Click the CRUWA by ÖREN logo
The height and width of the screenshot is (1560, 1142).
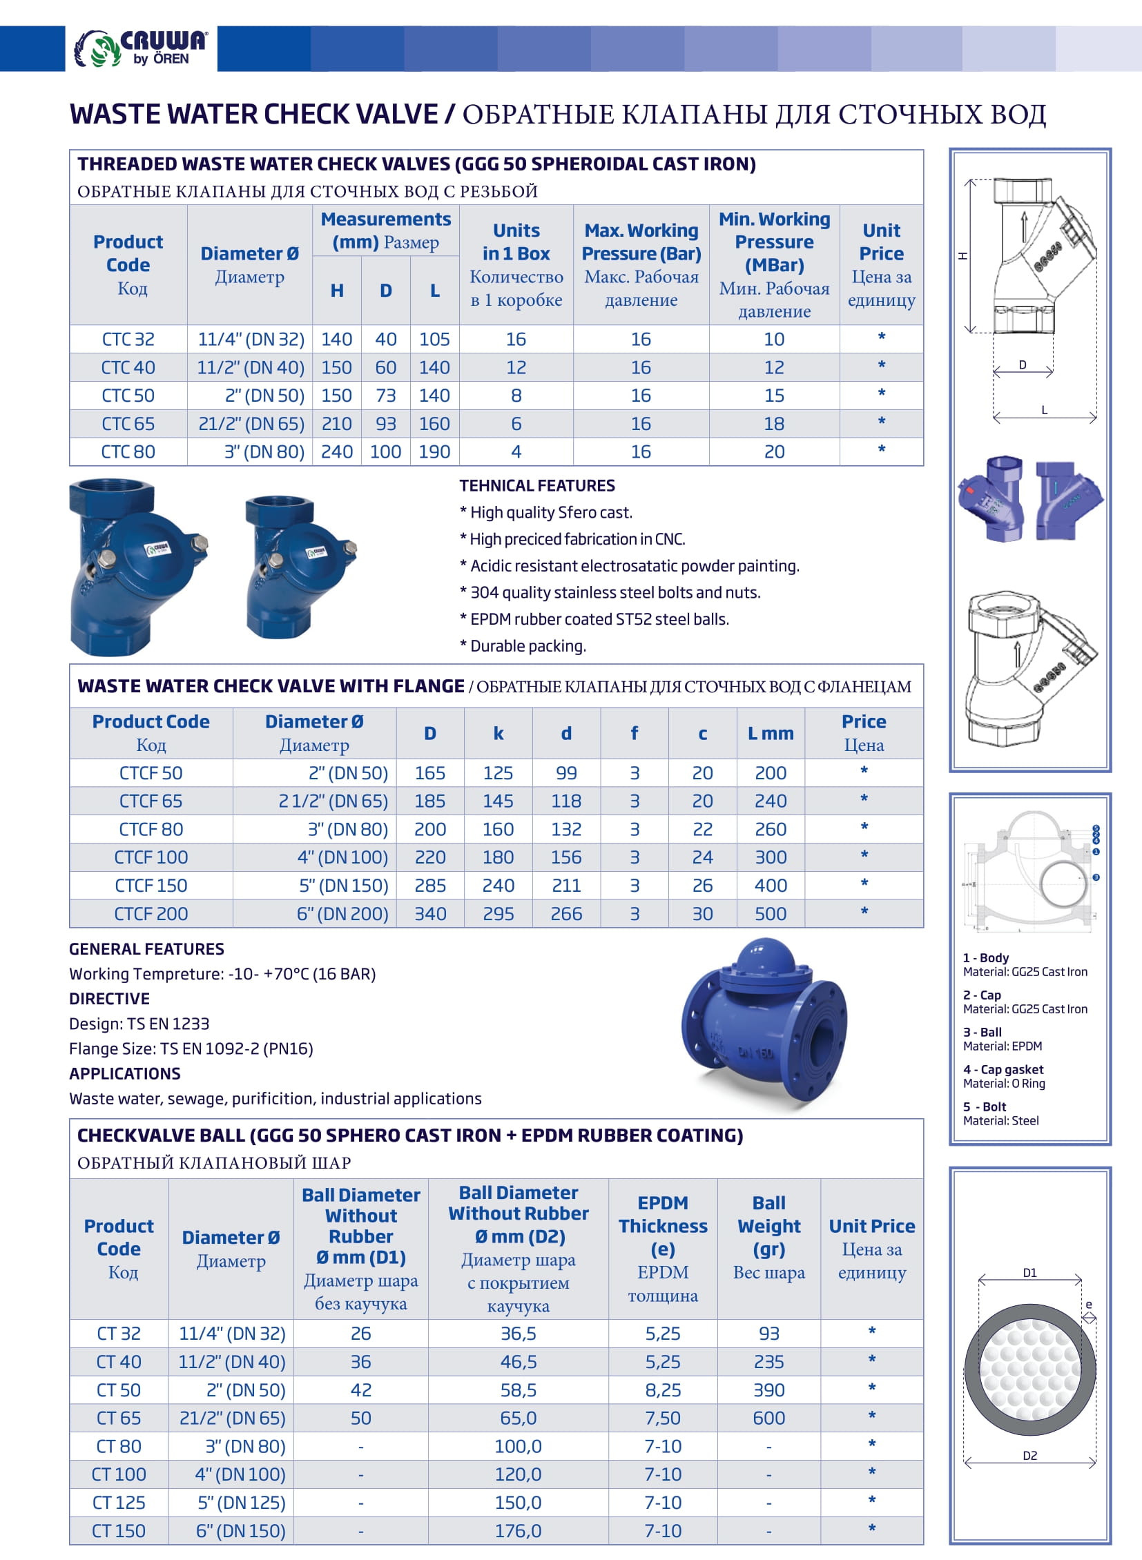[x=141, y=48]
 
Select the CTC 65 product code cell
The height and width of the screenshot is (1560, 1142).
[x=128, y=424]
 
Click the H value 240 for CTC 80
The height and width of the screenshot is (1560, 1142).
[x=337, y=452]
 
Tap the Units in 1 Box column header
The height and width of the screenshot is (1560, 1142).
[x=516, y=264]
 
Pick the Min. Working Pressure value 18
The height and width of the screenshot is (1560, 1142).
[x=773, y=424]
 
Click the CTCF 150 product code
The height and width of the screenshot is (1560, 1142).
[x=151, y=886]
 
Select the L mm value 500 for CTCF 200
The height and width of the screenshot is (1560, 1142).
[x=770, y=914]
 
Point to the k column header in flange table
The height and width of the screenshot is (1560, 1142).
[x=498, y=733]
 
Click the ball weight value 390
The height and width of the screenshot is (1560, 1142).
[x=768, y=1390]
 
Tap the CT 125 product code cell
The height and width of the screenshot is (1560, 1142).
[x=119, y=1503]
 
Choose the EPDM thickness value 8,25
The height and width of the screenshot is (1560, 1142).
[x=662, y=1390]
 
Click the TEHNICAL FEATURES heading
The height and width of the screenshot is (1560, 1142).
[x=537, y=486]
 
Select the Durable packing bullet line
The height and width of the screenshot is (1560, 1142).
[x=523, y=646]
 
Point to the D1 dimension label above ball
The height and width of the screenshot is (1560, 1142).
[x=1029, y=1273]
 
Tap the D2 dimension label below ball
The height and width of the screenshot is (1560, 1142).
[x=1029, y=1456]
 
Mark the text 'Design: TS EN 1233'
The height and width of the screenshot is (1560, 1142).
[x=139, y=1024]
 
